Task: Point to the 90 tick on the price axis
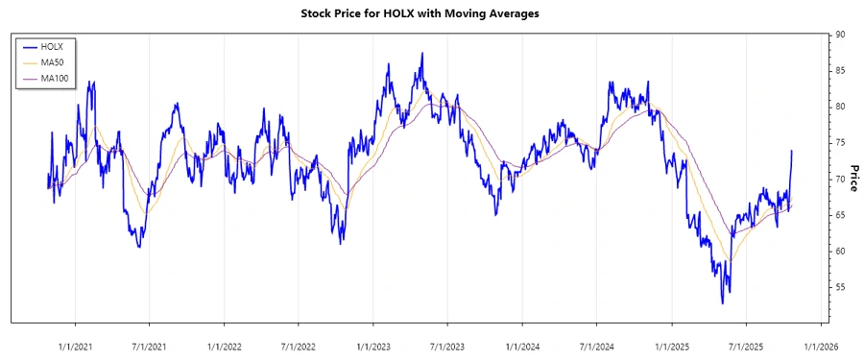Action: (840, 35)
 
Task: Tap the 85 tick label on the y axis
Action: (840, 70)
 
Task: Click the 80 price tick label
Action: (840, 107)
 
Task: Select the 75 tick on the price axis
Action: (840, 142)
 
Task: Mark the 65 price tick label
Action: (840, 215)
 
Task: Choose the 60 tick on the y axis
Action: (840, 251)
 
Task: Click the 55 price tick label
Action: (840, 287)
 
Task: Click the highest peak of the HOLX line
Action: (421, 54)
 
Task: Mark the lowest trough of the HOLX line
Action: (722, 303)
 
